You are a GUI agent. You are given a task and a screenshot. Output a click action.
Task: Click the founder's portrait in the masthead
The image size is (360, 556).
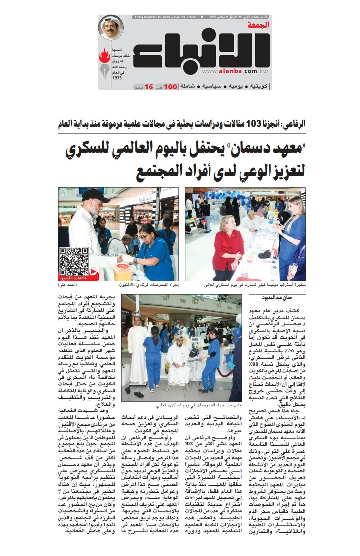coord(111,28)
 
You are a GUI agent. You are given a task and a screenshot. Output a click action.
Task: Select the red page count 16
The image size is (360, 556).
coord(148,87)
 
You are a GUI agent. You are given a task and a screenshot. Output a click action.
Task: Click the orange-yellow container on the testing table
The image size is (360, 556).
coord(122,271)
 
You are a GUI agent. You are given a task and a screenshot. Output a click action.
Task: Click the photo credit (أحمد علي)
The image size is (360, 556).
coord(69,285)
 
